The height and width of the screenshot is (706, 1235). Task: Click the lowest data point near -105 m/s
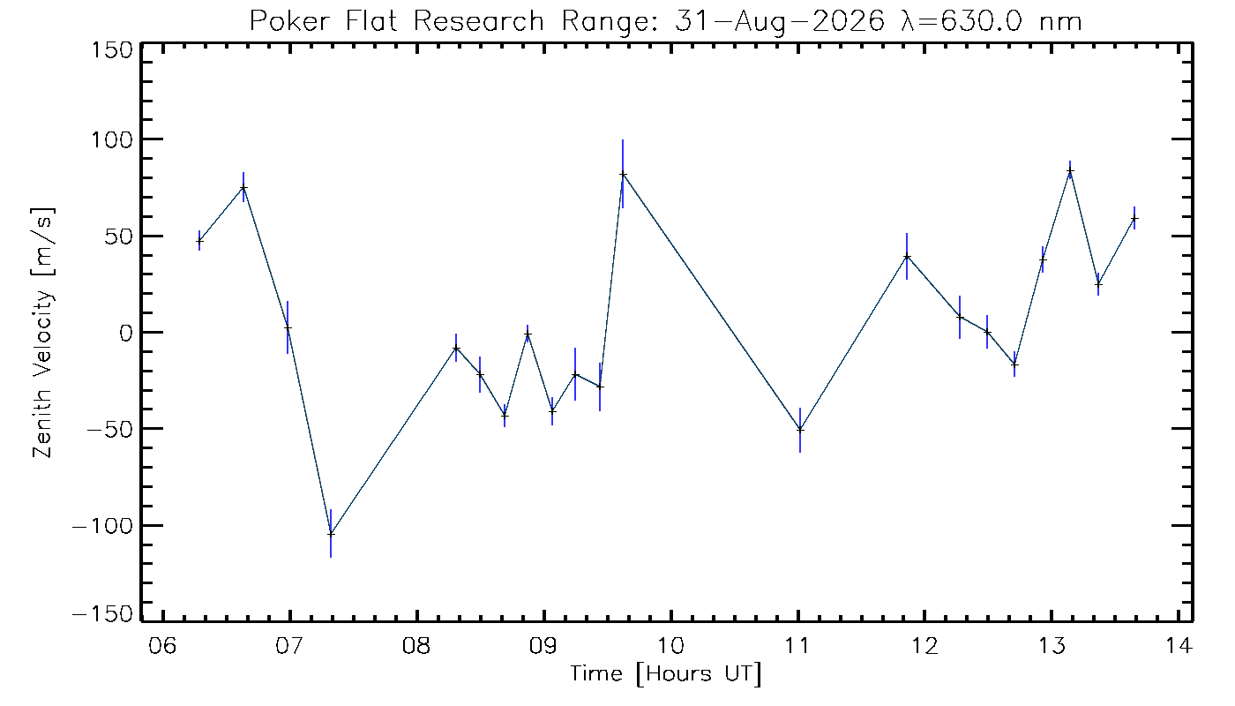331,534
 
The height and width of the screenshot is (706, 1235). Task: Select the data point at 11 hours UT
800,430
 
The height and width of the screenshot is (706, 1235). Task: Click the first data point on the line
199,241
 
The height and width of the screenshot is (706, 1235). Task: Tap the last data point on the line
1134,219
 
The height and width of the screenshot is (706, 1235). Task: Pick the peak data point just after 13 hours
1070,171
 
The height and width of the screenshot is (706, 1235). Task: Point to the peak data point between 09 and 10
623,175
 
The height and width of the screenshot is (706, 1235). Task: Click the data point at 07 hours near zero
288,327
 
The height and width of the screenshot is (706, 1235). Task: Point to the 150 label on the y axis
113,51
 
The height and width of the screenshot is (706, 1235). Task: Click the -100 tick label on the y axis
102,526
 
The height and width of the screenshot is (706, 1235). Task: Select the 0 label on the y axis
126,334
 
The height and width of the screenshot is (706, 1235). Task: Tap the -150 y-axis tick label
102,614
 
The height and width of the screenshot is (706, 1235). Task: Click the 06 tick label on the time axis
162,645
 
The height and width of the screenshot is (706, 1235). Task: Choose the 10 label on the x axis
670,645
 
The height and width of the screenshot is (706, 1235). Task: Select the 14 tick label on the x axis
1179,645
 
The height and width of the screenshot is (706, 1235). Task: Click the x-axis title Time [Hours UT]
666,674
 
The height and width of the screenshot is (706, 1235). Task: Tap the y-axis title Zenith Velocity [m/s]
43,333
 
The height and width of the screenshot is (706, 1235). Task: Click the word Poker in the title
290,22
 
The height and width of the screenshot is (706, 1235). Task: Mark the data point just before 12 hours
907,257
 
